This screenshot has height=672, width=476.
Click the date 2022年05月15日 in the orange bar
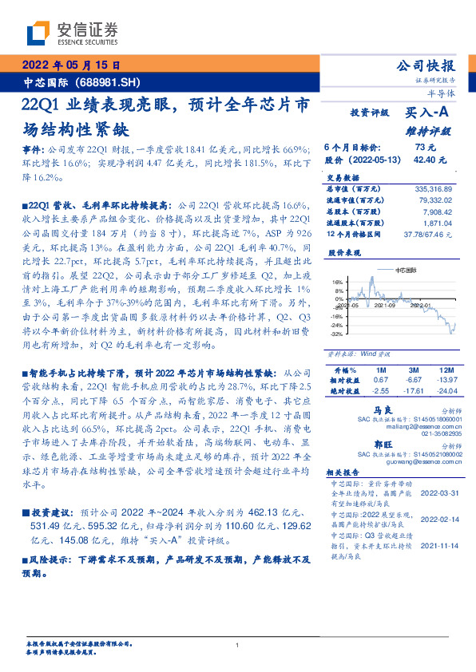69,66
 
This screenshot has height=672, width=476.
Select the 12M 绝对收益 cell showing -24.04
447,392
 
